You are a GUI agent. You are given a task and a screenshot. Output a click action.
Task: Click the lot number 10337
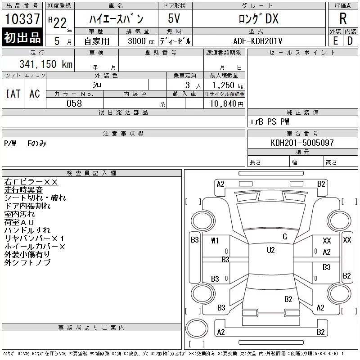22,18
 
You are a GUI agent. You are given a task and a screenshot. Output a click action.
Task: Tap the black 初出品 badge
22,37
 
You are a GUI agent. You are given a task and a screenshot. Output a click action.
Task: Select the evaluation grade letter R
343,18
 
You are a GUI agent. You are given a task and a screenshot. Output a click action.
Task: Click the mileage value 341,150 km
46,64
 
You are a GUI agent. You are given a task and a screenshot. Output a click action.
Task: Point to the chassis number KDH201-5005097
302,143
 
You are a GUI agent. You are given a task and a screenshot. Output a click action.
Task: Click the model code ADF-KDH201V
257,41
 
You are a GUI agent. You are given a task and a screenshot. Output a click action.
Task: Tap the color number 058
74,103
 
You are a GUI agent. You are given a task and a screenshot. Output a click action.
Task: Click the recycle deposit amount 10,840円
227,104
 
